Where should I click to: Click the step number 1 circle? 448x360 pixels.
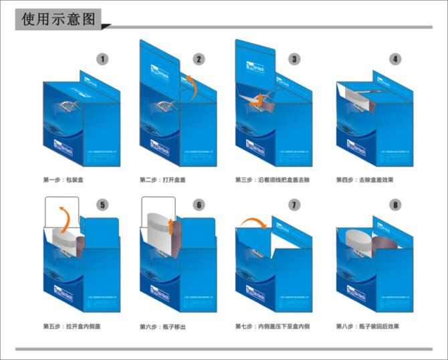tap(102, 59)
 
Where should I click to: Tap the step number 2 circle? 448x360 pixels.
tap(199, 59)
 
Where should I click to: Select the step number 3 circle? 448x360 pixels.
tap(294, 59)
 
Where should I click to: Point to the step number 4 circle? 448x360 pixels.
tap(396, 59)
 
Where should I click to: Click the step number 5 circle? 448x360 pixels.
tap(102, 205)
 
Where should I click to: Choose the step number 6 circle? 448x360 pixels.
tap(199, 205)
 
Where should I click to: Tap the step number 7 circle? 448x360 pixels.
tap(294, 205)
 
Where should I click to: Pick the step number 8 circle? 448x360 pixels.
tap(396, 205)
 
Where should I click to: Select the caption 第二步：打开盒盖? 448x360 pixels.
tap(162, 180)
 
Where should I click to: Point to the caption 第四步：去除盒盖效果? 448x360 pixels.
tap(365, 180)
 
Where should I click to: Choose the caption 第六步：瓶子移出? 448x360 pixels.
tap(162, 326)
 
